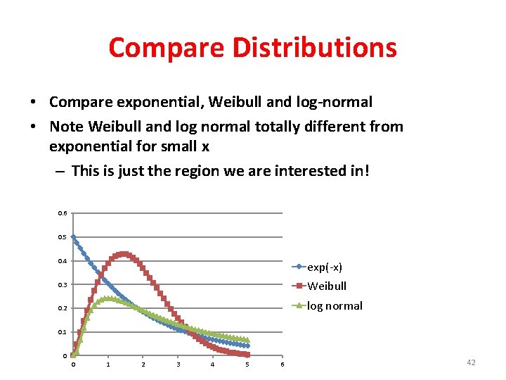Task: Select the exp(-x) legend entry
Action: click(325, 267)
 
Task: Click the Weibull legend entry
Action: click(327, 286)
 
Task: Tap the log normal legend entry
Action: click(335, 305)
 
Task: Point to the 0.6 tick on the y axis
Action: click(63, 213)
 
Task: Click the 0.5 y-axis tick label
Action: click(63, 237)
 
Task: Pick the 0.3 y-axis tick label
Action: click(63, 285)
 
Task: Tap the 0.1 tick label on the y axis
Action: click(63, 332)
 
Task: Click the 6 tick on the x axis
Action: click(283, 364)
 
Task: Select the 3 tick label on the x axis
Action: click(178, 364)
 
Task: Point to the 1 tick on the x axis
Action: click(108, 364)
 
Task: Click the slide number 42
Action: click(471, 362)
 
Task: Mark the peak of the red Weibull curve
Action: click(124, 254)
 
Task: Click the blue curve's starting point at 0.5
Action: click(73, 237)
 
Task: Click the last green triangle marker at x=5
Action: click(247, 340)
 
